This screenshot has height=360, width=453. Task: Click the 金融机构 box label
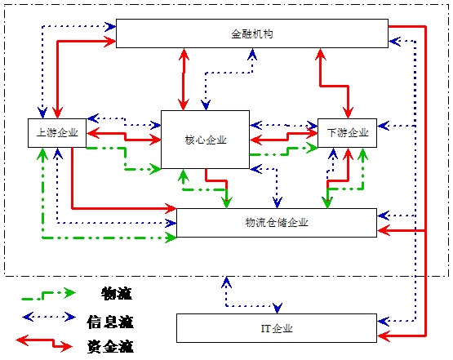pos(252,34)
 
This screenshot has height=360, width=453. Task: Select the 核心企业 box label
pos(206,140)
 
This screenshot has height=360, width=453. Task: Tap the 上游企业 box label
pos(57,132)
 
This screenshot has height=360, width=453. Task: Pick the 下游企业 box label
pos(348,132)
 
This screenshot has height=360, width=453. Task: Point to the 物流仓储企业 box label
pos(277,223)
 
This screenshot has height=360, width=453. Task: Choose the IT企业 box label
pos(277,328)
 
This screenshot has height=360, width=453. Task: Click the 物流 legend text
pos(117,294)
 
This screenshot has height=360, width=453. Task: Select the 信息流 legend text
pos(110,322)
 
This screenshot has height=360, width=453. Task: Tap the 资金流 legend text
pos(110,346)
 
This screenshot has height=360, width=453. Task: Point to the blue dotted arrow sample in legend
pos(49,317)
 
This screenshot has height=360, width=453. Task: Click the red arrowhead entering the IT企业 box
pos(384,336)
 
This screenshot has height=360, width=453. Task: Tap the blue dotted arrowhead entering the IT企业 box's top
pos(278,309)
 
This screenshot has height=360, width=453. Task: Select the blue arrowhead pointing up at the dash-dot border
pos(226,282)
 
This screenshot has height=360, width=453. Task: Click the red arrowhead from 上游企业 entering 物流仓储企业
pos(171,208)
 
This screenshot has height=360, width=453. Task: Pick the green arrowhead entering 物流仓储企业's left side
pos(171,238)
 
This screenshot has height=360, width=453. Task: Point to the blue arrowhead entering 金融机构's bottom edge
pos(252,54)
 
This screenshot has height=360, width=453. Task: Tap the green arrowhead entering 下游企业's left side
pos(312,148)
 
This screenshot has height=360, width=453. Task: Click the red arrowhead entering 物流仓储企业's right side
pos(384,230)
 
